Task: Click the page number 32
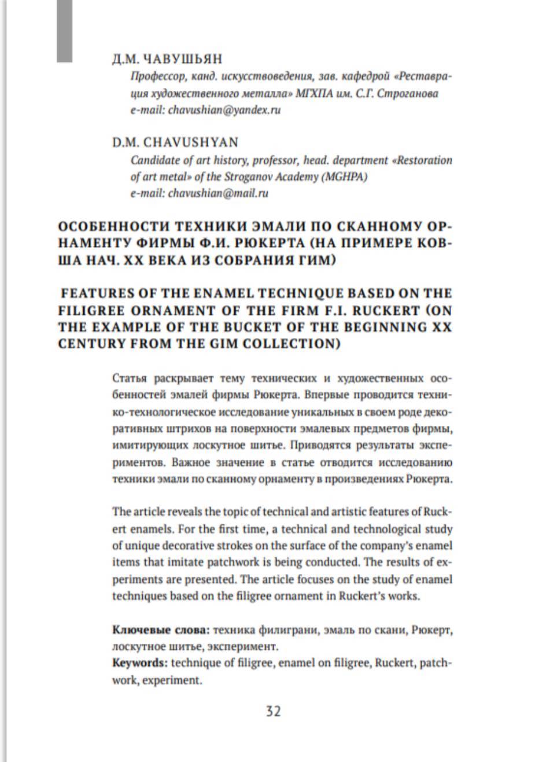pyautogui.click(x=273, y=711)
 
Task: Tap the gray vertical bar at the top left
pyautogui.click(x=64, y=30)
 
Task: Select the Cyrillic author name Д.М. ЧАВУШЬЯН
pyautogui.click(x=167, y=59)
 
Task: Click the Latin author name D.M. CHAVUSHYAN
pyautogui.click(x=175, y=142)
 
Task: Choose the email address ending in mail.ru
pyautogui.click(x=218, y=193)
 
